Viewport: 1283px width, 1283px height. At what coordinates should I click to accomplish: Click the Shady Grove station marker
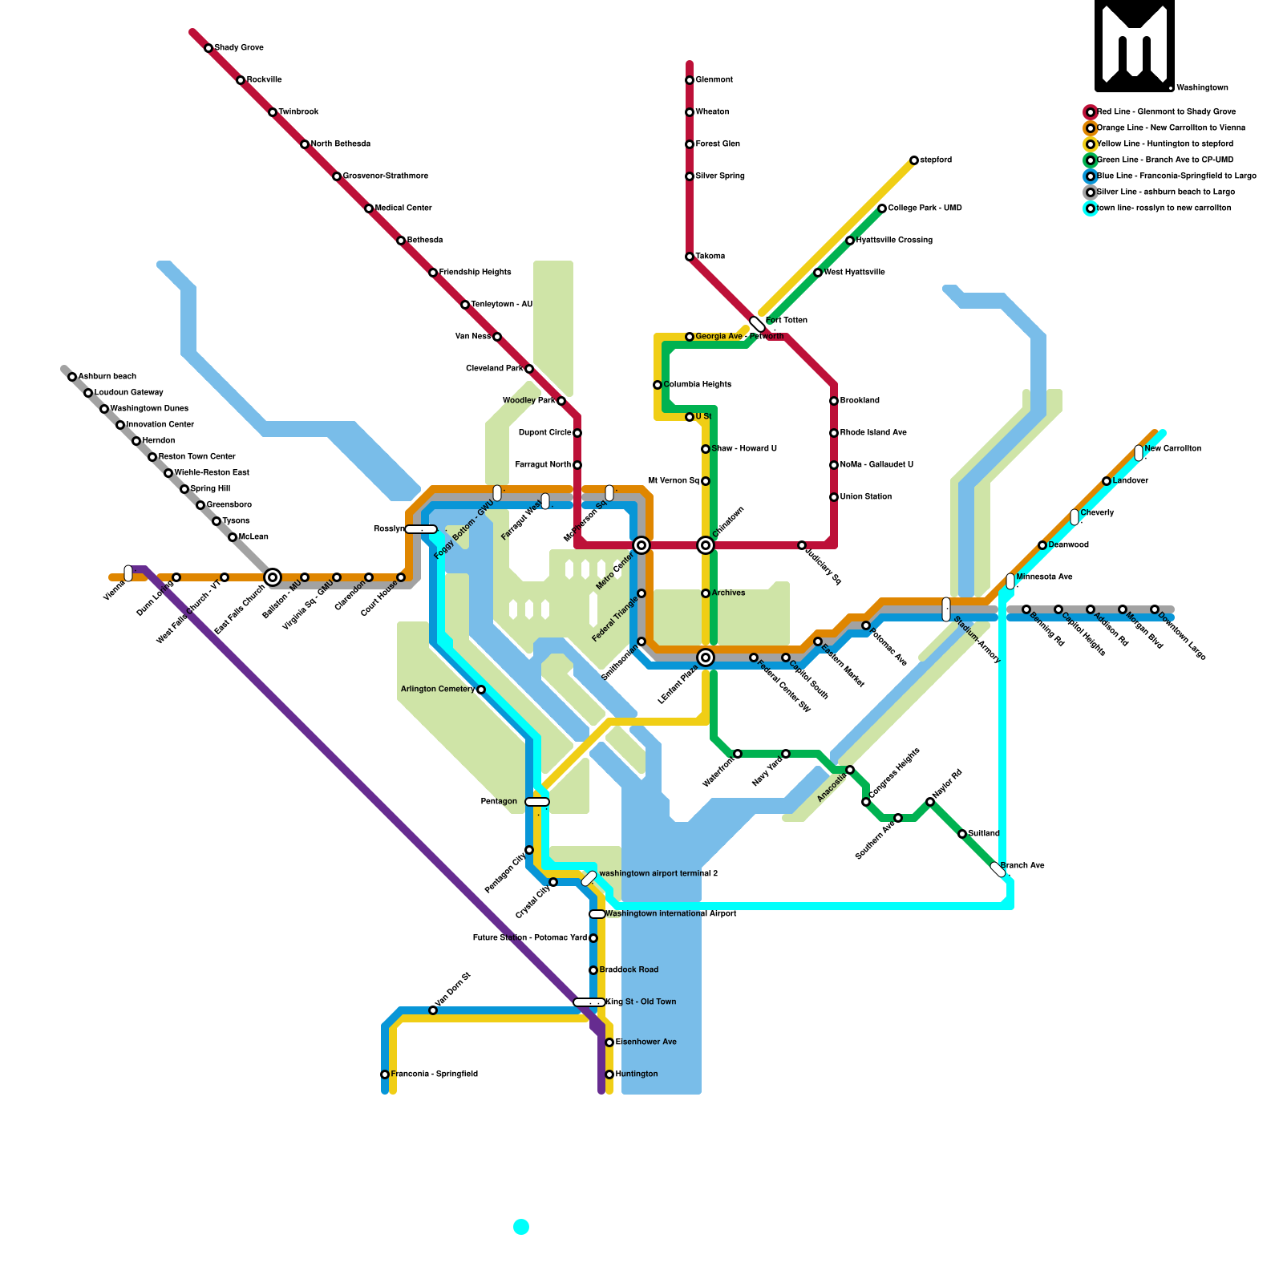point(208,48)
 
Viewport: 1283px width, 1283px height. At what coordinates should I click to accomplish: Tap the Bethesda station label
point(424,241)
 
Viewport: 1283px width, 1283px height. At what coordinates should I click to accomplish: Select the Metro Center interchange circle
point(641,545)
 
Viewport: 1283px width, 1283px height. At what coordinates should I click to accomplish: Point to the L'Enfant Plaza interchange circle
point(706,658)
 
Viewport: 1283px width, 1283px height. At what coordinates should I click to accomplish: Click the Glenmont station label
point(714,80)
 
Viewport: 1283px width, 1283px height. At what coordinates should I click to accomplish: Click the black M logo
point(1135,46)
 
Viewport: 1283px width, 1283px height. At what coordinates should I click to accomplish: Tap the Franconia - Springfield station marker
point(385,1075)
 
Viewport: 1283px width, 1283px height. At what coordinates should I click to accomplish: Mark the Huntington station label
point(637,1075)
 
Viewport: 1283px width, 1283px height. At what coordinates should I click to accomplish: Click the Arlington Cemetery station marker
point(481,690)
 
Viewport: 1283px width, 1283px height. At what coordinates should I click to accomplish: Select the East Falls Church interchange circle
point(273,577)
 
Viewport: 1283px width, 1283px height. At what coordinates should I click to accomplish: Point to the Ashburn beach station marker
point(72,377)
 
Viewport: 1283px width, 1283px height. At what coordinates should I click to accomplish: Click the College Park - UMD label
point(925,208)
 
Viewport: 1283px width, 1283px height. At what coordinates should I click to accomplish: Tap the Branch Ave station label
point(1022,866)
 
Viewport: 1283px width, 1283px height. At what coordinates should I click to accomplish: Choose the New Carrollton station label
point(1172,449)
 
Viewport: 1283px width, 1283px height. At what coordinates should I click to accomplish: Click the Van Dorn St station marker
point(433,1010)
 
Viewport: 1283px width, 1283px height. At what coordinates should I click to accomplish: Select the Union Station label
point(866,497)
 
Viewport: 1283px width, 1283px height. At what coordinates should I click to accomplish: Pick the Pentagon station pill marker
point(537,802)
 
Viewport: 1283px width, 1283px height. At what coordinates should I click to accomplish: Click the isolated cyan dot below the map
point(521,1226)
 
